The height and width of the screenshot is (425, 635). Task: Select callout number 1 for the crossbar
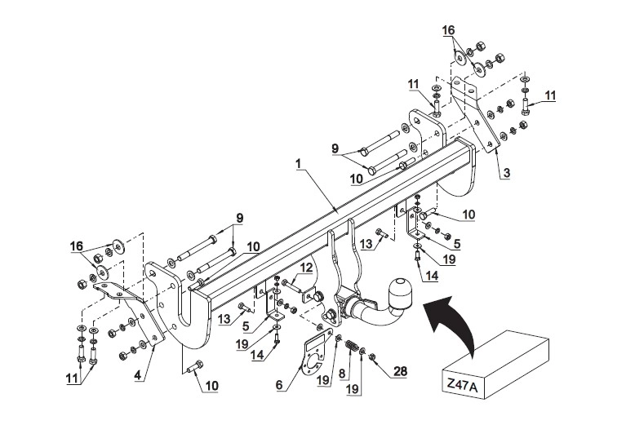(299, 164)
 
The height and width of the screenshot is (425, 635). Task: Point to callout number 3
(506, 173)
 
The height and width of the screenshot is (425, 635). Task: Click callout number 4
(138, 375)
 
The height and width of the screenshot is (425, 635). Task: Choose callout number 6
(279, 384)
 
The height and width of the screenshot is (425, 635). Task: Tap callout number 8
(342, 372)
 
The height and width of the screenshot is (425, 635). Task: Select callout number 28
(400, 371)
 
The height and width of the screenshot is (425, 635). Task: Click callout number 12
(307, 268)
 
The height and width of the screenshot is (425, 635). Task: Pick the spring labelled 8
(351, 347)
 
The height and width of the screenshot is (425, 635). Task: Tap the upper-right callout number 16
(448, 30)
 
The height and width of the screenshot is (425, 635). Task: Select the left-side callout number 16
(76, 246)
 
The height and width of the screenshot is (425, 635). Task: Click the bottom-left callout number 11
(72, 379)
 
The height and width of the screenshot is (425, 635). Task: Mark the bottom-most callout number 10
(212, 385)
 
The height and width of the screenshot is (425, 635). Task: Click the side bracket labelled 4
(128, 311)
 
